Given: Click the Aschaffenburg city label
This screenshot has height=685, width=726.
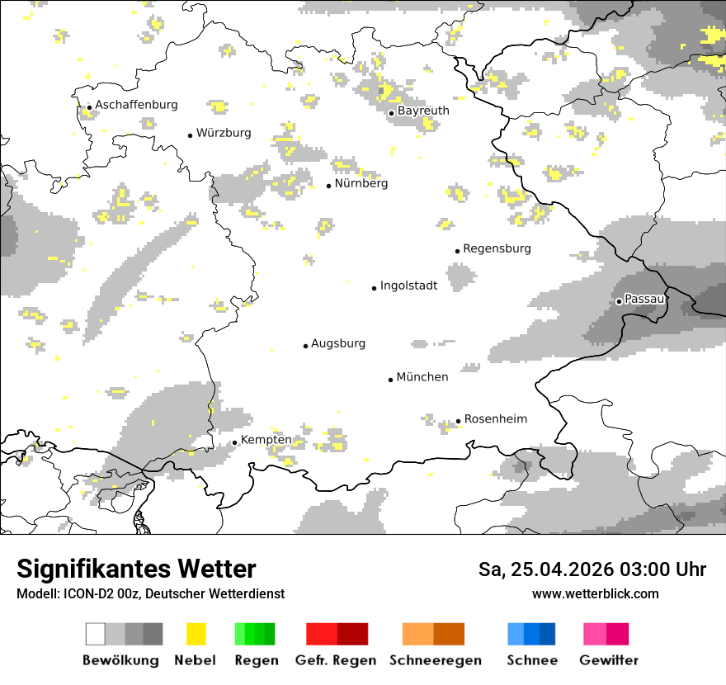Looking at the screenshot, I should click(136, 105).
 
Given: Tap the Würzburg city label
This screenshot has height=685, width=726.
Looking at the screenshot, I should click(224, 133).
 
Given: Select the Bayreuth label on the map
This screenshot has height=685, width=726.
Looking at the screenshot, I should click(423, 111).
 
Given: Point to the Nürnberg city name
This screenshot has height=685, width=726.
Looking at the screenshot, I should click(361, 183).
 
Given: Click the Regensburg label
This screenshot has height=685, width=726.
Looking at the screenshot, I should click(497, 248).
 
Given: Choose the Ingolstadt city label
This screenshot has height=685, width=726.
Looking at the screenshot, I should click(408, 286).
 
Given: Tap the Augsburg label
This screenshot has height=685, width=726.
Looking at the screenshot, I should click(338, 343).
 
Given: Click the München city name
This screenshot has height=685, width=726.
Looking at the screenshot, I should click(422, 377).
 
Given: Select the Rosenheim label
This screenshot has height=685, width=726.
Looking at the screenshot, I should click(495, 419).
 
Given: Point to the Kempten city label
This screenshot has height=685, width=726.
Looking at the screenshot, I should click(266, 440).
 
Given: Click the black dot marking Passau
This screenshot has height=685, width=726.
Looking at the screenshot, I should click(619, 301).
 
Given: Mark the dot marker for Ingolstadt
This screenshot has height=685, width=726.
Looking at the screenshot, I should click(374, 288).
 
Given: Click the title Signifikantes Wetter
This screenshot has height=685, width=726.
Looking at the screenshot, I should click(136, 569).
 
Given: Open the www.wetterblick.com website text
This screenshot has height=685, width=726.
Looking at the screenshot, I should click(595, 594).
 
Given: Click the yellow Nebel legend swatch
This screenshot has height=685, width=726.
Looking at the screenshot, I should click(196, 634).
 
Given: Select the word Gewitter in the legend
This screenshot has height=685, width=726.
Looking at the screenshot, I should click(608, 660).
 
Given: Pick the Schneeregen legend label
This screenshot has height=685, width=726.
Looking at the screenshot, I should click(435, 660).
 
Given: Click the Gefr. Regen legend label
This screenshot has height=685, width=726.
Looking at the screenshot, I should click(335, 660).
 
